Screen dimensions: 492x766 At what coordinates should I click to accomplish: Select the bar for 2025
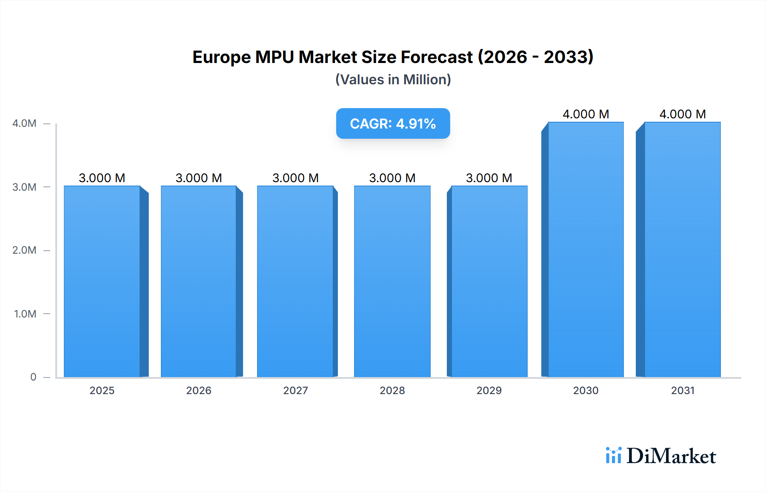pos(102,281)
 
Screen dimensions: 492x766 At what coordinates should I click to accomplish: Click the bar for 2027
pos(295,281)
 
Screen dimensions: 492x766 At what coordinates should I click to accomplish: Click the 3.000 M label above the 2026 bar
pos(199,178)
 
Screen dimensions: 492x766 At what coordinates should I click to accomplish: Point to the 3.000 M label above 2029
pos(489,178)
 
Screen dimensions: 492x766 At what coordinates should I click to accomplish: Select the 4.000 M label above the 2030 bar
pos(586,114)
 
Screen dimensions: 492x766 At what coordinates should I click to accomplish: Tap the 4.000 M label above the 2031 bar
pos(683,114)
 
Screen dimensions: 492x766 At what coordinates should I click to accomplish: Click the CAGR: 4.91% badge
pos(393,123)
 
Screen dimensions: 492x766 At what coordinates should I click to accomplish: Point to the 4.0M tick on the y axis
pos(24,123)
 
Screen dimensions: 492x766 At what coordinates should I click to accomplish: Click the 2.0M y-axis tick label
pos(24,250)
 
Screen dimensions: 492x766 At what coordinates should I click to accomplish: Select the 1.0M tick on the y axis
pos(25,314)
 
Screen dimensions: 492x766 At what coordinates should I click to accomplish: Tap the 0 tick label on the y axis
pos(33,377)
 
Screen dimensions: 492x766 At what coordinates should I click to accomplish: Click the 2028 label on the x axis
pos(392,390)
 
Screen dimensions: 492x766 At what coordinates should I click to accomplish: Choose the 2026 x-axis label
pos(199,390)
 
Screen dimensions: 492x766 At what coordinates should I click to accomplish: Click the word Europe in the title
pos(221,57)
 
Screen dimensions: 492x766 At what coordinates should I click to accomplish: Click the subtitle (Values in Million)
pos(393,80)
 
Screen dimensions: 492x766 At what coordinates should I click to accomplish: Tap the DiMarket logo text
pos(671,456)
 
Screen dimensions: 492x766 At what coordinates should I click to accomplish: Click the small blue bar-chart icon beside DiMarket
pos(613,455)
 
